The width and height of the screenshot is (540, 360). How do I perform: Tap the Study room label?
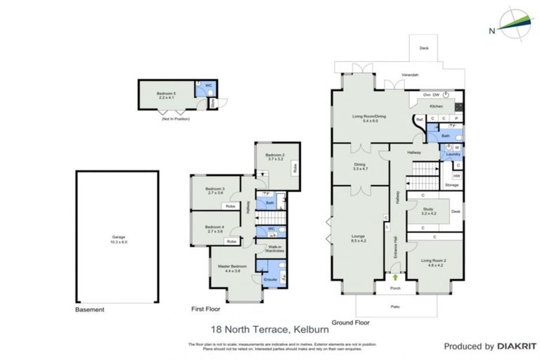coord(429,210)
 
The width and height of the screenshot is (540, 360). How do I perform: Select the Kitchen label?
coord(436,106)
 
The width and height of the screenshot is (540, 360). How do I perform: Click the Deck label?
coord(423,48)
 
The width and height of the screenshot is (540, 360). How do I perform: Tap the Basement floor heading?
coord(90,309)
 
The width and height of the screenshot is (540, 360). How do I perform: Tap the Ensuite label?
coord(270,280)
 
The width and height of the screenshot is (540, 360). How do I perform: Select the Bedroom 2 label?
coord(274,157)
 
